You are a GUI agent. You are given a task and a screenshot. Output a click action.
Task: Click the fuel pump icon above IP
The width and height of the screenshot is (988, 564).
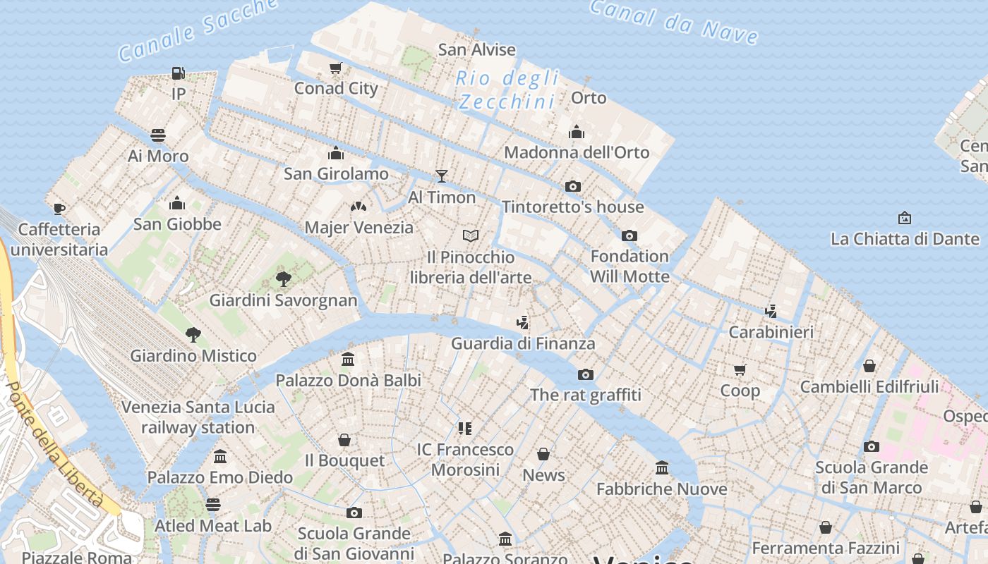point(178,73)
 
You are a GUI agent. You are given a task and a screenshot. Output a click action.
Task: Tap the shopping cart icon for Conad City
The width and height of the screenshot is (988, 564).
point(336,68)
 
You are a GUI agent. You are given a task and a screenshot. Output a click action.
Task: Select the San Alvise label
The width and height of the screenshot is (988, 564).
point(476,49)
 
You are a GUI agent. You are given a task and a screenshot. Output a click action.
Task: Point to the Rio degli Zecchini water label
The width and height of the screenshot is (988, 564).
point(507,90)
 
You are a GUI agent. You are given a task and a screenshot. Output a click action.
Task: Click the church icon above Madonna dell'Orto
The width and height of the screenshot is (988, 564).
point(577,132)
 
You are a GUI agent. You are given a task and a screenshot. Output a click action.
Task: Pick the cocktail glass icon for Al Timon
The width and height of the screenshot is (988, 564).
point(442,176)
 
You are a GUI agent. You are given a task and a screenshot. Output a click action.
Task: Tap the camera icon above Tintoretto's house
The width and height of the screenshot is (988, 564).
point(573,187)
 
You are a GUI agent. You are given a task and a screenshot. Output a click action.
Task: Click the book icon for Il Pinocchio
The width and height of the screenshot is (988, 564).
point(471,235)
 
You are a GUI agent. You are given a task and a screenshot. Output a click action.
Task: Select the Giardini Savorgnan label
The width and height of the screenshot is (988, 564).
point(283,300)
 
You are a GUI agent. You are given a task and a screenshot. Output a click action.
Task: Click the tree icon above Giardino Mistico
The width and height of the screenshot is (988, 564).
point(193,334)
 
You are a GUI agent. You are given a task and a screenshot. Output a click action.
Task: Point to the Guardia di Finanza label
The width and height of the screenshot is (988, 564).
point(523,343)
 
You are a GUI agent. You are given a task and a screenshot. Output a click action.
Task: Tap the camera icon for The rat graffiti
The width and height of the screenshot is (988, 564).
point(585,374)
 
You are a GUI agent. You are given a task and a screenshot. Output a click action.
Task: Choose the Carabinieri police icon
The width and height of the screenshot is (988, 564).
point(771,311)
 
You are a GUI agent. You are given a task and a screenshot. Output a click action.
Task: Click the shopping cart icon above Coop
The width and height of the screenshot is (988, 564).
point(740,369)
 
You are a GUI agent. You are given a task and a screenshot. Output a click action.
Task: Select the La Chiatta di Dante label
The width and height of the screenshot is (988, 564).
point(905,239)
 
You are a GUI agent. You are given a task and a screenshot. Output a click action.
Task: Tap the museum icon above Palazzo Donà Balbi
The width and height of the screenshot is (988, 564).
point(348,360)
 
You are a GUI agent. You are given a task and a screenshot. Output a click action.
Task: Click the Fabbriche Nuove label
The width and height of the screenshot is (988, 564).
point(661,489)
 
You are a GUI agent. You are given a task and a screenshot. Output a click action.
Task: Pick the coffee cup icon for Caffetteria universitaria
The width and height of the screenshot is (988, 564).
point(59,209)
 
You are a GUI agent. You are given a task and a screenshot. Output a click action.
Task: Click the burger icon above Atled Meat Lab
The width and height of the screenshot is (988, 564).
point(212,505)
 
